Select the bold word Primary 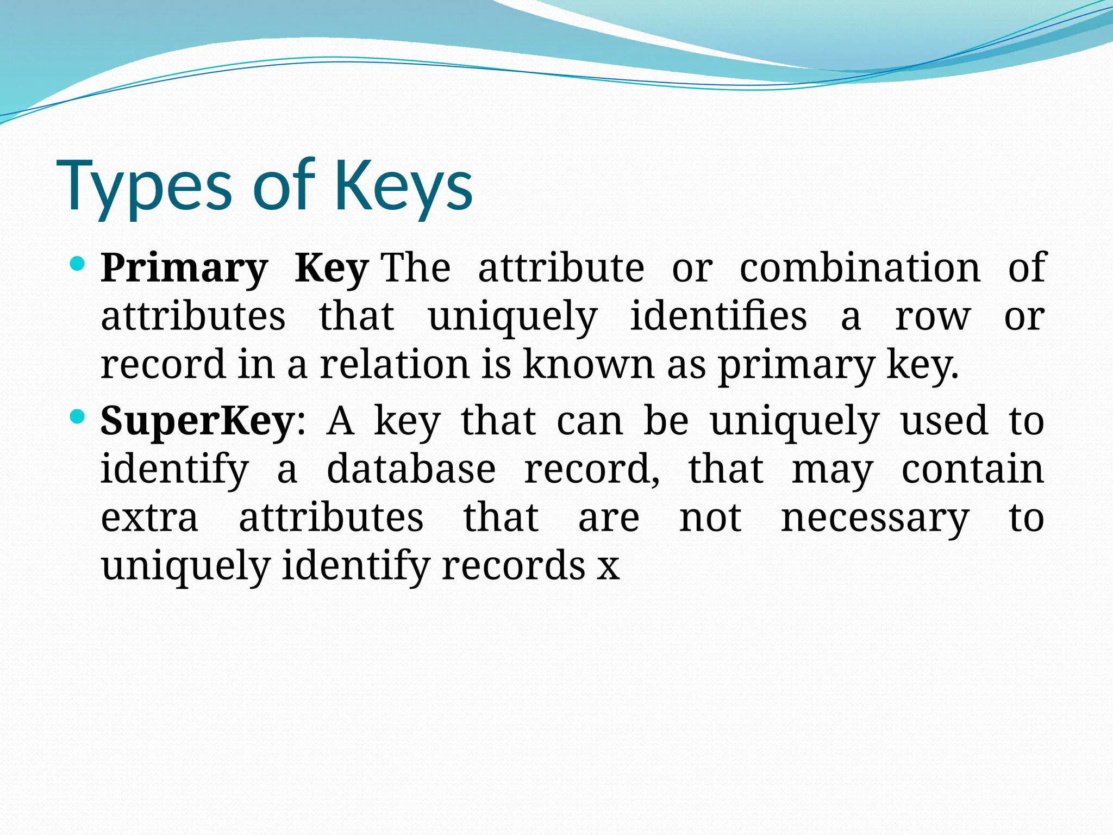coord(184,269)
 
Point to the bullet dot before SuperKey coord(78,417)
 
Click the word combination coord(860,267)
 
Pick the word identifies coord(718,316)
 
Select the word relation coord(395,364)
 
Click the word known coord(589,364)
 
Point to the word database coord(411,469)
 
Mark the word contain coord(972,469)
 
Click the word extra coord(149,518)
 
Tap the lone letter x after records coord(608,567)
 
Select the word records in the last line coord(513,565)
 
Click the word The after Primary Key coord(417,267)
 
